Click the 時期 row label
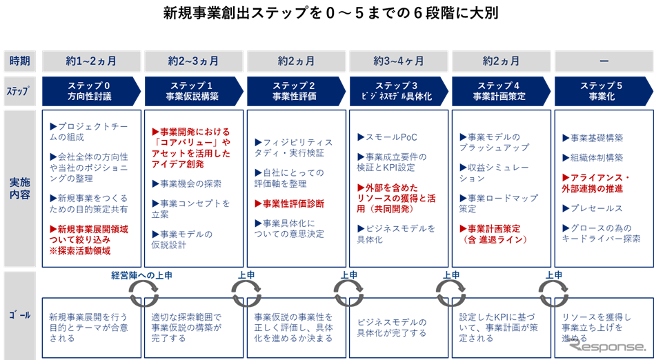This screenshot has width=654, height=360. pos(20,61)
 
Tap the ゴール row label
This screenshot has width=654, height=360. pos(20,314)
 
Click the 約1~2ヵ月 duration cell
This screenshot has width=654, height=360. pos(91,61)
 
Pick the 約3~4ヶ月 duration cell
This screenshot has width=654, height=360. pos(399,61)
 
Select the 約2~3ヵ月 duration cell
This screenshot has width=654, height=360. pos(193,61)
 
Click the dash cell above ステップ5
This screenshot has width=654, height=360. pos(604,61)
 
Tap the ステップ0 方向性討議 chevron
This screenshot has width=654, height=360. pos(91,91)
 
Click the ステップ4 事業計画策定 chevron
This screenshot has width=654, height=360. pos(501,91)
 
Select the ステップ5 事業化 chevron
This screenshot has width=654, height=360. pos(602,91)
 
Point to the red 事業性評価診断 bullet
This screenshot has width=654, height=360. pos(290,203)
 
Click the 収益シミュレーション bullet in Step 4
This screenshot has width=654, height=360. pos(495,172)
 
